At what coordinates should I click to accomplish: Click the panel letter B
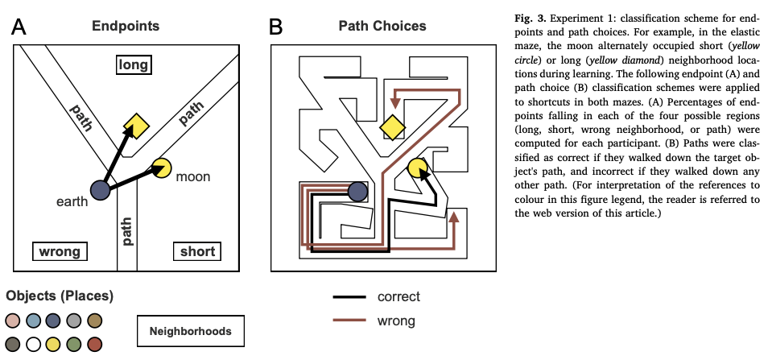pyautogui.click(x=275, y=27)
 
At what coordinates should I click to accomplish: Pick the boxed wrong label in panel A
pyautogui.click(x=60, y=251)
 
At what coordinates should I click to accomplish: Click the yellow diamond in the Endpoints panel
pyautogui.click(x=137, y=126)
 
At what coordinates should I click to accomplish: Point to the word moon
pyautogui.click(x=192, y=176)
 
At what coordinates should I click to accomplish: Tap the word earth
pyautogui.click(x=72, y=201)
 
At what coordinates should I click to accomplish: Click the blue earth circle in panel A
pyautogui.click(x=100, y=189)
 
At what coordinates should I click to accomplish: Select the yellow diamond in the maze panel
pyautogui.click(x=393, y=126)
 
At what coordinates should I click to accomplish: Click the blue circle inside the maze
pyautogui.click(x=358, y=191)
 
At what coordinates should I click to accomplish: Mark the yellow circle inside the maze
pyautogui.click(x=417, y=168)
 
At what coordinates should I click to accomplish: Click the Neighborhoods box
pyautogui.click(x=190, y=330)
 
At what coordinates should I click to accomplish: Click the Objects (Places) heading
pyautogui.click(x=60, y=296)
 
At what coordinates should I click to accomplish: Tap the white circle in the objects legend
pyautogui.click(x=34, y=345)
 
